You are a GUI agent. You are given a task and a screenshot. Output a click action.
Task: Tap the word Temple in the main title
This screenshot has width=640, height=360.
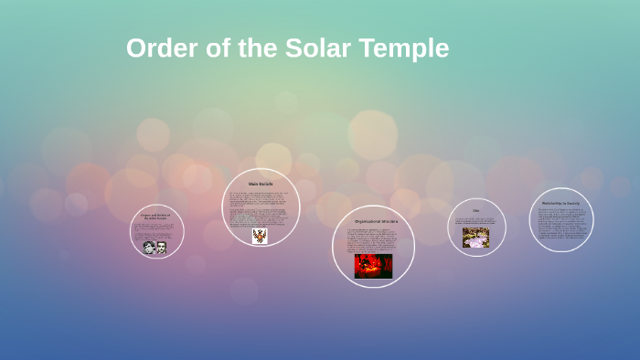click(x=407, y=48)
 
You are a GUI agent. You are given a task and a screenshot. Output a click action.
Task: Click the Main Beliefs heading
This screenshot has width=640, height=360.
click(x=261, y=184)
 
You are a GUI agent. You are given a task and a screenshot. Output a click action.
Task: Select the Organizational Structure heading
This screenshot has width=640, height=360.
click(x=373, y=221)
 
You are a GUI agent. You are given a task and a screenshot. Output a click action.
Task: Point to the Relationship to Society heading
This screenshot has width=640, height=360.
click(x=560, y=203)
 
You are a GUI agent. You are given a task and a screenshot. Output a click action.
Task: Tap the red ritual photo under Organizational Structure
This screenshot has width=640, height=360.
click(x=373, y=266)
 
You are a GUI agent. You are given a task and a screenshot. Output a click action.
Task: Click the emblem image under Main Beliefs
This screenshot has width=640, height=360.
click(x=260, y=236)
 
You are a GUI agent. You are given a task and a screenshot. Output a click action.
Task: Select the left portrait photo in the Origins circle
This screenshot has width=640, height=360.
click(x=149, y=247)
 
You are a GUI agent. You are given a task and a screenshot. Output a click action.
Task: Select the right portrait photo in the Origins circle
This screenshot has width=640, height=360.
click(x=161, y=247)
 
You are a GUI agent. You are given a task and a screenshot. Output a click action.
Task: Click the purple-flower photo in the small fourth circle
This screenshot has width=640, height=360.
click(x=475, y=238)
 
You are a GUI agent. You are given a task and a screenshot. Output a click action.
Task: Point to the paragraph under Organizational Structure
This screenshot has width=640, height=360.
click(x=373, y=239)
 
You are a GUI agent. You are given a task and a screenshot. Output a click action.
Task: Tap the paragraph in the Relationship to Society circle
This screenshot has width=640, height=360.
click(x=560, y=224)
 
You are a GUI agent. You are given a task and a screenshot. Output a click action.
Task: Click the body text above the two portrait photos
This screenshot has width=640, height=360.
click(x=155, y=230)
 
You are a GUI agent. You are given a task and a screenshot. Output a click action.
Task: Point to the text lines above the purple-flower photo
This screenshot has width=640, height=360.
click(x=476, y=220)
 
